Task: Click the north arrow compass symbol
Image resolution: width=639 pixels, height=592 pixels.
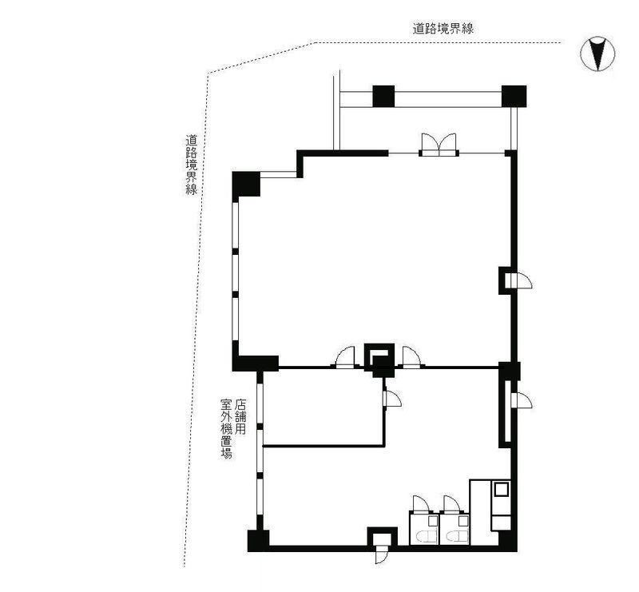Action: tap(597, 54)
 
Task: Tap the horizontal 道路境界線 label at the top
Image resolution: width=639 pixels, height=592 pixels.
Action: tap(443, 29)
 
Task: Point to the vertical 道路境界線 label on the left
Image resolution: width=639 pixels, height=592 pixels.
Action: tap(192, 165)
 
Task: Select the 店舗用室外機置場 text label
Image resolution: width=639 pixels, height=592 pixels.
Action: tap(233, 428)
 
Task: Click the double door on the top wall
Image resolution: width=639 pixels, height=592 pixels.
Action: tap(439, 145)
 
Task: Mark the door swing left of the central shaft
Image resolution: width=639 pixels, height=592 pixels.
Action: tap(345, 357)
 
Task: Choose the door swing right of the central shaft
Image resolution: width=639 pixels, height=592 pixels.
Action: tap(411, 357)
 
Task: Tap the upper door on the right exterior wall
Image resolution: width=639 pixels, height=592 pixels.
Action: tap(518, 280)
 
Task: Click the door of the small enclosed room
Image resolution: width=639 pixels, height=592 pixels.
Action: tap(392, 399)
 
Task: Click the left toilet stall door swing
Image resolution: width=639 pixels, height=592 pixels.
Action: tap(422, 503)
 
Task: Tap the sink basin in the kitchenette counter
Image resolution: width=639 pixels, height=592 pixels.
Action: tap(501, 488)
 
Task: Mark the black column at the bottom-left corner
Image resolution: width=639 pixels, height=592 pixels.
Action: tap(258, 541)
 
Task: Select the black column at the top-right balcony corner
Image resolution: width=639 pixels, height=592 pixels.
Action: tap(514, 96)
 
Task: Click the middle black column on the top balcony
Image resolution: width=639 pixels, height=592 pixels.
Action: tap(384, 96)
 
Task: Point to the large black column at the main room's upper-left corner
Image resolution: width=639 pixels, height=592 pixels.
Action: tap(246, 185)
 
